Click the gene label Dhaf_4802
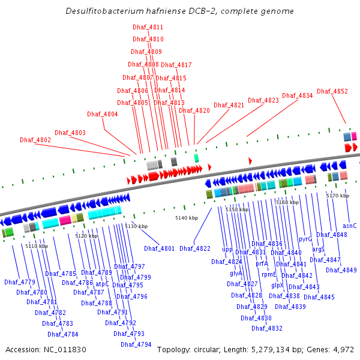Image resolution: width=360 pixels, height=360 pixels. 35,140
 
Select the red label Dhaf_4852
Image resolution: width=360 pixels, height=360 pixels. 332,91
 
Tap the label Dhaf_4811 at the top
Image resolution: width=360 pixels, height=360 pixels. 148,28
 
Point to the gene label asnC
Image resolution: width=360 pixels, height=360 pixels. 350,226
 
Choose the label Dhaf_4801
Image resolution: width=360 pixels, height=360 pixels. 159,248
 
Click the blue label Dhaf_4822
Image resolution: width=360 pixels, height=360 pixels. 195,248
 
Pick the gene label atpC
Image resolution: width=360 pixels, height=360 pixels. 103,284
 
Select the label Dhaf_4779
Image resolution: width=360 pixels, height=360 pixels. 20,282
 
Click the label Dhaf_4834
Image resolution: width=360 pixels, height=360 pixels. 298,95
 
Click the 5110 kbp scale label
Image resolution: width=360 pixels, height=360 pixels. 37,246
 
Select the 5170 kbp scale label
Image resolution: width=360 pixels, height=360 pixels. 337,196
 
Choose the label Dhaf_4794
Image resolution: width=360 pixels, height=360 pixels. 136,344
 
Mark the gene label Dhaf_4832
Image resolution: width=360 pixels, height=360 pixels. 267,328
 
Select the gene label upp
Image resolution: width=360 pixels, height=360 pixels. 227,249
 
